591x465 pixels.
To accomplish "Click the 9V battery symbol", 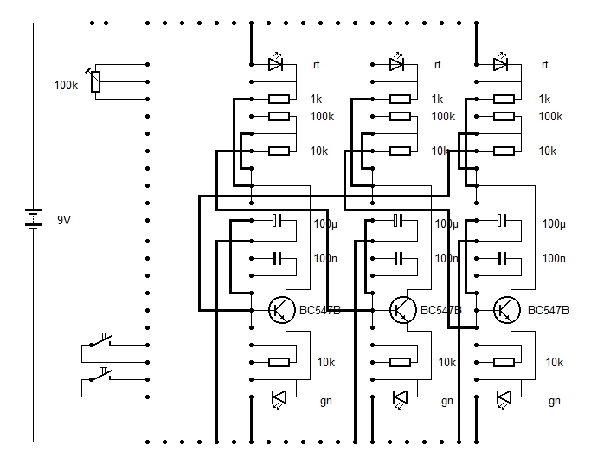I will click(33, 218).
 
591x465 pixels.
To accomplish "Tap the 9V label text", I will click(64, 220).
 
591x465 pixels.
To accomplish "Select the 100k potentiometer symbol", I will click(95, 81).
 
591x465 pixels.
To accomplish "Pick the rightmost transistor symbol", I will click(505, 309).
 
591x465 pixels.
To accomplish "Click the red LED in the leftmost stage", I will click(276, 64).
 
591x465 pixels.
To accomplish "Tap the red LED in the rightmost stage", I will click(500, 64).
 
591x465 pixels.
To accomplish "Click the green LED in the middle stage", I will click(399, 397).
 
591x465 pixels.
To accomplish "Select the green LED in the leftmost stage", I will click(278, 397).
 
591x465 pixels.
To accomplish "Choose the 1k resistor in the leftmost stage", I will click(279, 99).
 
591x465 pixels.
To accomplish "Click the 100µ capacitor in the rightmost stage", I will click(502, 222).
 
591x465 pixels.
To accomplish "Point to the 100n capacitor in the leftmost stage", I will click(278, 257).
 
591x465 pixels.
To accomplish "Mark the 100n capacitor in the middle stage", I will click(399, 257).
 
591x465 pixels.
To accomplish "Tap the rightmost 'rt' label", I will click(544, 65).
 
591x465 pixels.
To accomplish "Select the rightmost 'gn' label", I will click(555, 401).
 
